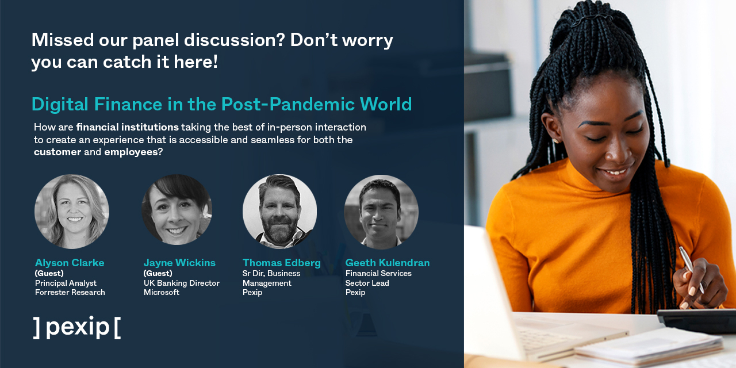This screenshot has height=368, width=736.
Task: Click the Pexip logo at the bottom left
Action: coord(76,327)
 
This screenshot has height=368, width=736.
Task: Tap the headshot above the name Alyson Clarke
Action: coord(72,212)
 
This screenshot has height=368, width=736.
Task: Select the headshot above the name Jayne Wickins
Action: coord(177,210)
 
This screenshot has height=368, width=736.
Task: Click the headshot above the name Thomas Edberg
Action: coord(279,211)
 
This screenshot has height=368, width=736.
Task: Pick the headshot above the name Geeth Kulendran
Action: coord(381,212)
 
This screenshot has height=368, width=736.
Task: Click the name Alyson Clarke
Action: coord(70,263)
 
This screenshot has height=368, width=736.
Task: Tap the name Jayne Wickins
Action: coord(179,263)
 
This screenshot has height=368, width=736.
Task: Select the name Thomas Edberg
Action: coord(282,263)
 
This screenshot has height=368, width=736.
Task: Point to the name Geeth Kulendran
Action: coord(388,263)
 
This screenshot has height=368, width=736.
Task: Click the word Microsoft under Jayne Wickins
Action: coord(162,293)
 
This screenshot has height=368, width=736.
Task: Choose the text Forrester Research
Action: coord(70,293)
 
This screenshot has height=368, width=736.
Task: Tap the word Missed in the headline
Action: coord(62,40)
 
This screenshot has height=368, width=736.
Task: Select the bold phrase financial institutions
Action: coord(128,126)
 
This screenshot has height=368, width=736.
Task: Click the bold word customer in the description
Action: coord(57,152)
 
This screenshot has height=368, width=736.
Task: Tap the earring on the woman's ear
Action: coord(556,140)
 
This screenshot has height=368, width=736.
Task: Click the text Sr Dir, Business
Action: coord(271,274)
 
